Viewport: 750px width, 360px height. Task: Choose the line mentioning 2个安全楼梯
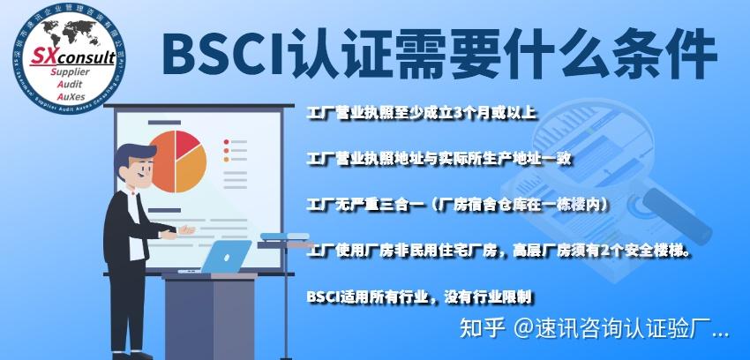tap(499, 251)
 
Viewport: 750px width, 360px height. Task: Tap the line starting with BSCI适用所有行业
tap(419, 296)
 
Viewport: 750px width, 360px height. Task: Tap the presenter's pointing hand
tap(187, 230)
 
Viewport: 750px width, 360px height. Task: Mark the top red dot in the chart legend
tap(227, 141)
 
